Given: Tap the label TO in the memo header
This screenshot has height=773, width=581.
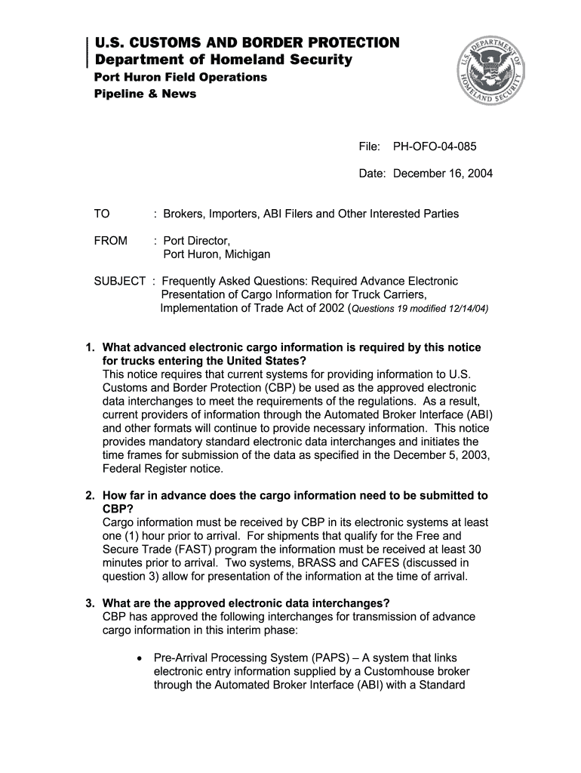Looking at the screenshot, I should point(102,214).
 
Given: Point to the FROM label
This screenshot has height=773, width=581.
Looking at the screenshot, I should point(111,241).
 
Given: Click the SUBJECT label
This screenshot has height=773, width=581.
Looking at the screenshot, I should point(119,282).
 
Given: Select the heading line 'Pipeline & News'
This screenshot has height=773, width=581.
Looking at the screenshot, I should point(145,94).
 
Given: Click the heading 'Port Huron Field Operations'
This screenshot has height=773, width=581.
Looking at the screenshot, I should point(180,78).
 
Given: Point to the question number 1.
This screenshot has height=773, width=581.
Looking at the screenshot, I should point(89,348).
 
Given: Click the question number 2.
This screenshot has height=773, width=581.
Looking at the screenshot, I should point(89,496).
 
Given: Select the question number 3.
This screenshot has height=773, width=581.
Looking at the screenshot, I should point(89,603).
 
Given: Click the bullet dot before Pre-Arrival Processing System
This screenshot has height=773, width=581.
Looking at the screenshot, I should point(140,658).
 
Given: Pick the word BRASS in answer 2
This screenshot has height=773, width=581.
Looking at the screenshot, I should point(318,563).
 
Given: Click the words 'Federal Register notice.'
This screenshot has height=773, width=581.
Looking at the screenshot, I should point(163,469).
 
